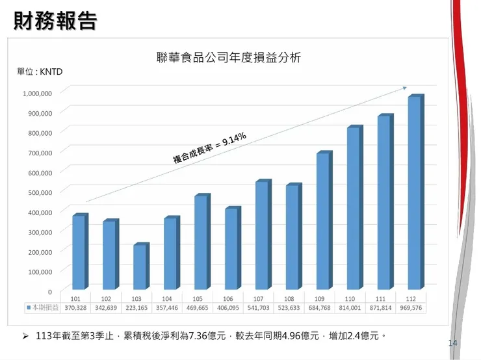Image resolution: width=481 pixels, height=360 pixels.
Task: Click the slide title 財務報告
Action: pos(56,21)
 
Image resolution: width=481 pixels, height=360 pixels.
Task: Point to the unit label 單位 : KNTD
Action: pos(40,71)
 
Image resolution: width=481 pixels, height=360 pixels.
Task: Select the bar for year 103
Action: pos(140,267)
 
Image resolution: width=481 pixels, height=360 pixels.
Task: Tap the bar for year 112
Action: pos(414,192)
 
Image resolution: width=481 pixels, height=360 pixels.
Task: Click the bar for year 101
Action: pos(79,252)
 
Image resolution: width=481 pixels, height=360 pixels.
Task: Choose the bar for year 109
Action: pos(322,221)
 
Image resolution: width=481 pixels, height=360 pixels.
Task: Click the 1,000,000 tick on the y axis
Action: pos(37,93)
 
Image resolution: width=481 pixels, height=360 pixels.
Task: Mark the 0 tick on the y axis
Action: pos(49,291)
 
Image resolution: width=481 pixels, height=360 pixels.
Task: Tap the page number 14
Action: pos(453,342)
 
